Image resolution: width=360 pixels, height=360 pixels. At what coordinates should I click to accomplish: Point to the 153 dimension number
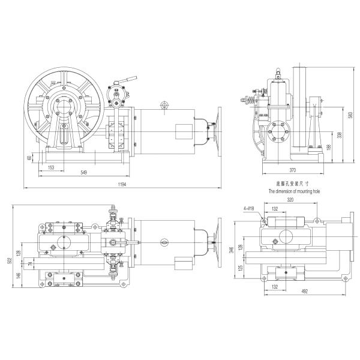coord(51,167)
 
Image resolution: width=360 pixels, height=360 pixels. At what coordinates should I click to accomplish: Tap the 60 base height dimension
coord(29,158)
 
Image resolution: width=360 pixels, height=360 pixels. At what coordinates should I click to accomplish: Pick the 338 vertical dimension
coord(339,136)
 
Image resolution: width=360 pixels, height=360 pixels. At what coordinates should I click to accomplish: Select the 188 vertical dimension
coord(328,148)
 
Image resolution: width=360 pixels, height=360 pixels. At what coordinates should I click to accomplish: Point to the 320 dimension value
coord(290,200)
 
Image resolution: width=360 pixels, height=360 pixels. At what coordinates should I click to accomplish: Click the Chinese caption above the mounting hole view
coord(291,184)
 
